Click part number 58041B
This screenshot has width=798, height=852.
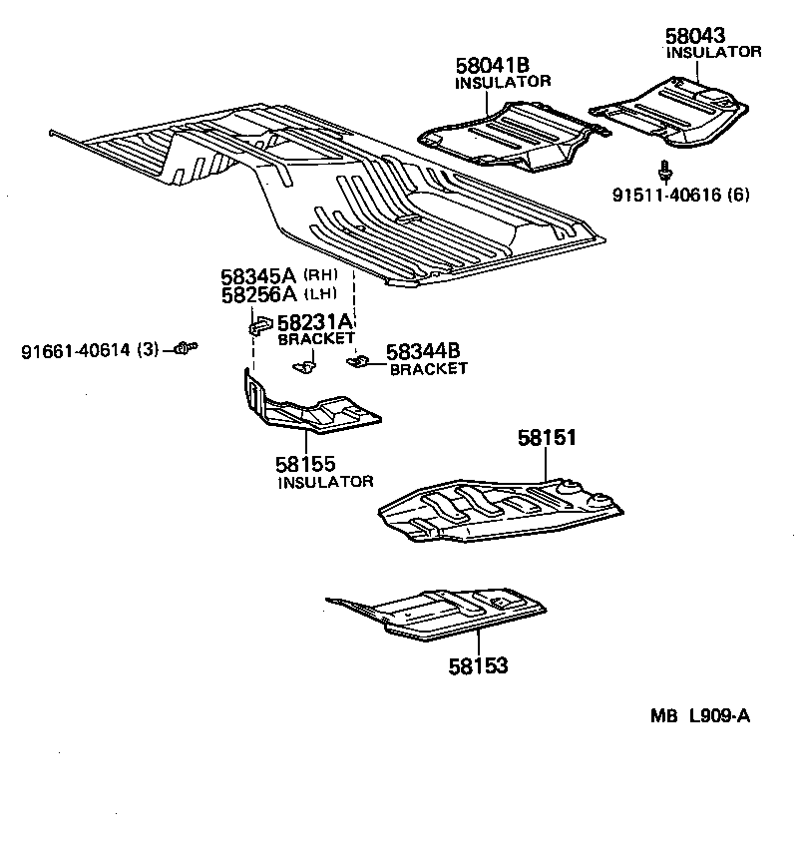click(493, 67)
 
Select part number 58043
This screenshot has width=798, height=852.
click(694, 36)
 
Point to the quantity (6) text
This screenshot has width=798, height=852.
click(739, 195)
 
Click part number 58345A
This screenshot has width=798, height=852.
click(258, 276)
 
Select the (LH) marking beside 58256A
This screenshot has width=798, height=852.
click(320, 293)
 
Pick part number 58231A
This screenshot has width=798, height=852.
click(315, 322)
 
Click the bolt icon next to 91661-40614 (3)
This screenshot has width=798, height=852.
click(184, 347)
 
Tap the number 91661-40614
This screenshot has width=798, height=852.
click(77, 350)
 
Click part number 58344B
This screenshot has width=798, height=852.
click(423, 351)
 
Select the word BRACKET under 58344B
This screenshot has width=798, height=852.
click(428, 369)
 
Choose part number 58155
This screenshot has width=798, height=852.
click(305, 464)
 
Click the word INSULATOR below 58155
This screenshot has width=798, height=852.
click(325, 482)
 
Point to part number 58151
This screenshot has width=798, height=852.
click(547, 437)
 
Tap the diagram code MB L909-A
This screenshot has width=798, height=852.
click(699, 715)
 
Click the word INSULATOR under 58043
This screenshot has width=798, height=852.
click(713, 52)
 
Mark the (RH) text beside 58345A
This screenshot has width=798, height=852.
click(320, 275)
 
